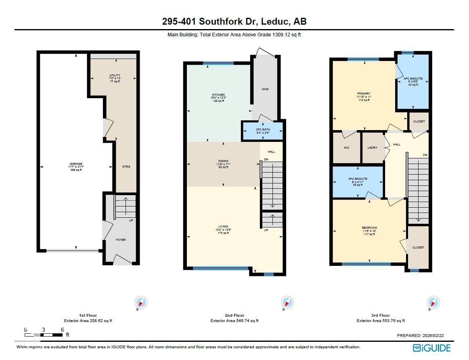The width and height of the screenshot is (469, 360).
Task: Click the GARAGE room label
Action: [76, 164]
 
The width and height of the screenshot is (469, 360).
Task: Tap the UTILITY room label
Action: [115, 76]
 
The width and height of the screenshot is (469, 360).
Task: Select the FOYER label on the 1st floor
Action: [121, 240]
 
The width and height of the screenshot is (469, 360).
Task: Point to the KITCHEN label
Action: [218, 95]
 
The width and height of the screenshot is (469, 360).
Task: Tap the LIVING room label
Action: [223, 227]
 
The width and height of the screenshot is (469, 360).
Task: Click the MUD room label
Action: [265, 89]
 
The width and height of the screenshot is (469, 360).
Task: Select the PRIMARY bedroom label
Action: [363, 94]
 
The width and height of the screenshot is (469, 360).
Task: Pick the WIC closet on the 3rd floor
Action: [346, 148]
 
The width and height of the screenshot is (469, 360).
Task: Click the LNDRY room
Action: [373, 148]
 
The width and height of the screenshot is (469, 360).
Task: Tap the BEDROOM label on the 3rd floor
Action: [369, 228]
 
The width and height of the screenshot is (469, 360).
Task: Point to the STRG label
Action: [126, 166]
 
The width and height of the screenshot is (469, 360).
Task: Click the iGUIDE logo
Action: [431, 347]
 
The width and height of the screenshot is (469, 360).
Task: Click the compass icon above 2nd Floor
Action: [287, 302]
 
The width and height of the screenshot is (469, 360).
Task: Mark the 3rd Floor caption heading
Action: [380, 315]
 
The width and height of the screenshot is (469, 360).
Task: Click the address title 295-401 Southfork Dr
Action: [234, 21]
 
